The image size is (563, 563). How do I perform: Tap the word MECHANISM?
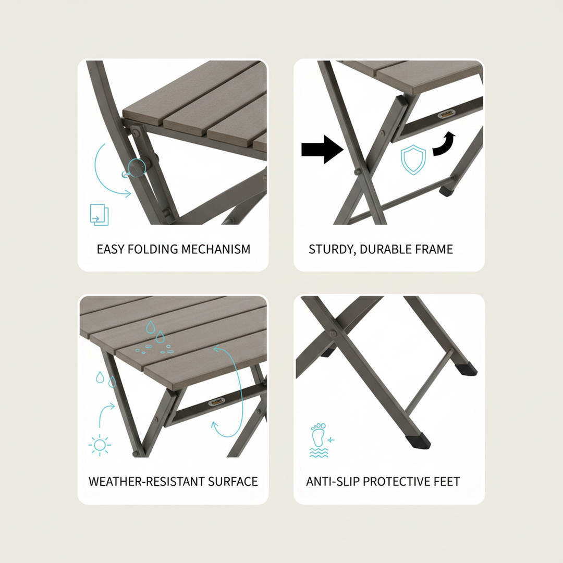click(215, 249)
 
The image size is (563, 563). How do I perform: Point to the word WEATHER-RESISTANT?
click(146, 482)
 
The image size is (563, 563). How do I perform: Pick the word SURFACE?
click(232, 482)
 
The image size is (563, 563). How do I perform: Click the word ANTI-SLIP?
click(333, 482)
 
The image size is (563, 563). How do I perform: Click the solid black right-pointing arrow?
click(322, 149)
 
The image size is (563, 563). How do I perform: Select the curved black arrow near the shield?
click(444, 144)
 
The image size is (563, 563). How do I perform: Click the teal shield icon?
click(413, 160)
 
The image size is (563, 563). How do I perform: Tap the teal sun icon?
click(100, 446)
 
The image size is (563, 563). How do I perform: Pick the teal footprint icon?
click(319, 435)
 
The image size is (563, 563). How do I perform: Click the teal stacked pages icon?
click(99, 215)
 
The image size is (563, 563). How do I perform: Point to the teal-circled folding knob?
click(137, 167)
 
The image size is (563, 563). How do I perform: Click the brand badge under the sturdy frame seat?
click(447, 114)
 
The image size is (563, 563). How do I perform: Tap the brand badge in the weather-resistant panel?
click(216, 402)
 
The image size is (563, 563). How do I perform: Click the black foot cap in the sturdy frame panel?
click(447, 191)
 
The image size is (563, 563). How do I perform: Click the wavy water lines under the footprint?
click(319, 452)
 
